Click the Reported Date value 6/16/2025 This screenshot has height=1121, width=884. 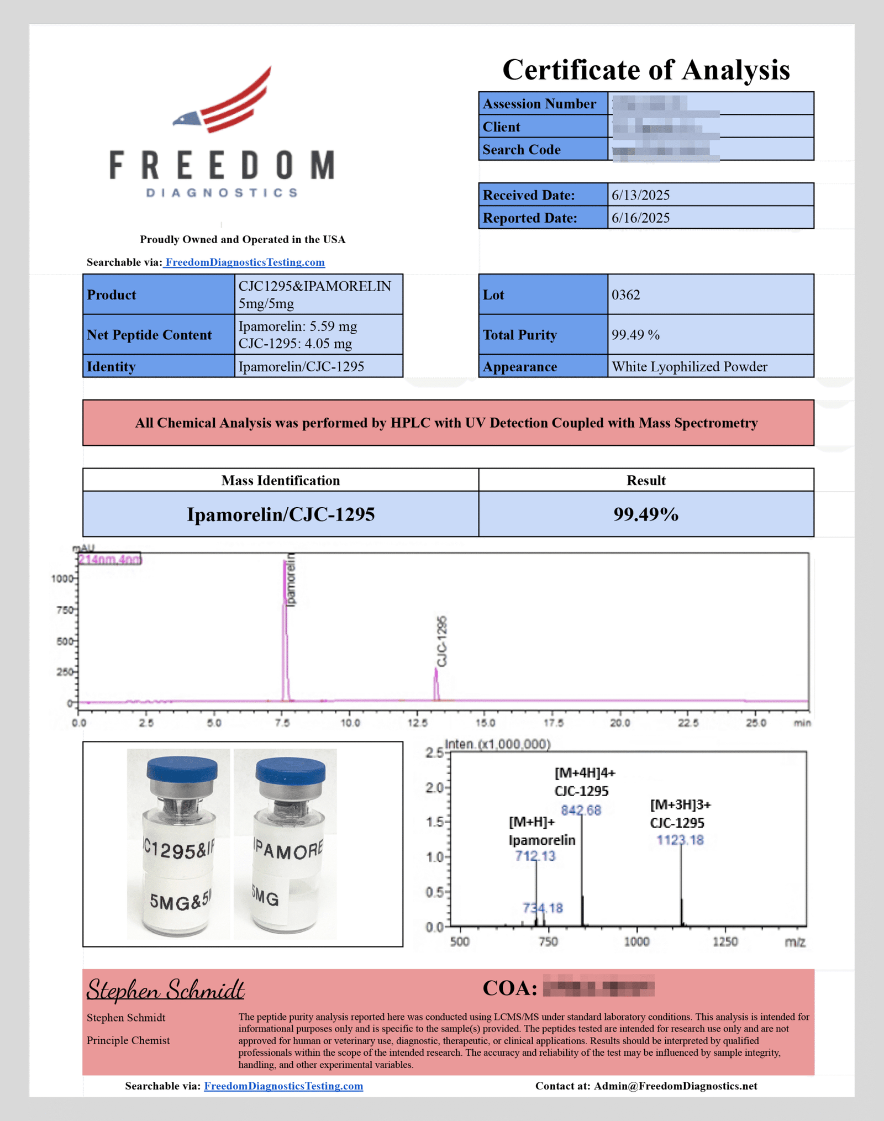pos(640,218)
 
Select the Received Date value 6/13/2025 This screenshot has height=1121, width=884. pos(640,195)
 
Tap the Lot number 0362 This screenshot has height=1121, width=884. pos(625,294)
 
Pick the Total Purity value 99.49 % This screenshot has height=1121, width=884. pos(635,335)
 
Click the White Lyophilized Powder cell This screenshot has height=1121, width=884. pos(689,367)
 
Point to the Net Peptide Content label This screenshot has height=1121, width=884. pos(149,335)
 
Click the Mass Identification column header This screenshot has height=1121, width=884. pos(281,480)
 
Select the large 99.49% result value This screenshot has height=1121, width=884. pos(646,514)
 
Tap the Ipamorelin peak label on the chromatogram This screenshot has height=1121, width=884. pos(291,580)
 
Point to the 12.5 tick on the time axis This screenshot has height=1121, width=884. pos(418,723)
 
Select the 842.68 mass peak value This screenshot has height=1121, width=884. pos(581,811)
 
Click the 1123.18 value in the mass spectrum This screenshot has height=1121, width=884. pos(680,840)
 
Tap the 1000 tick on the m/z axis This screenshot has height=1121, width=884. pos(636,941)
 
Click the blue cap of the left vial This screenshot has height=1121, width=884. pos(182,769)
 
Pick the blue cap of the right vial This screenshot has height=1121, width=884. pos(291,770)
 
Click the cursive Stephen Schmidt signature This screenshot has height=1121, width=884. pos(166,989)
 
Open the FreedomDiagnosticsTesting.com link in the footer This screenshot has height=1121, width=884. pos(283,1086)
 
